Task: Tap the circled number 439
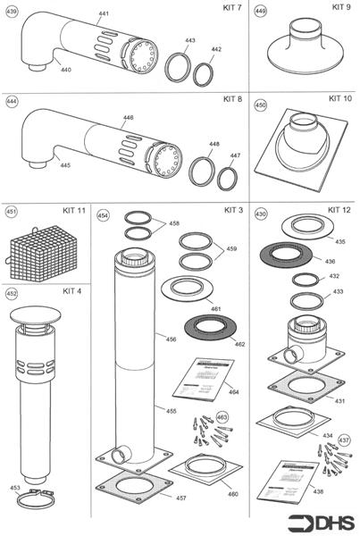11,11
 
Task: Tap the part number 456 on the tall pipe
146,340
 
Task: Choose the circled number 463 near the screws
222,417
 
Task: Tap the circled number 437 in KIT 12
344,440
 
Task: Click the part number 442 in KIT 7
216,50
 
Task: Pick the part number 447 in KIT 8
235,155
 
